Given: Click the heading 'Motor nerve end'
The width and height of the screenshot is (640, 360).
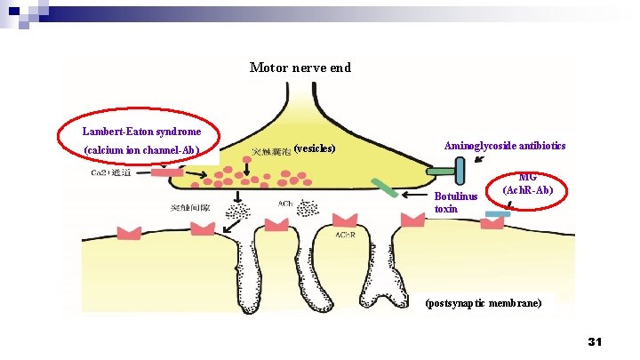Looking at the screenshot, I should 300,68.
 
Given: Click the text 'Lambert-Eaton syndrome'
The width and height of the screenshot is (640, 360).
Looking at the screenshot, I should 135,131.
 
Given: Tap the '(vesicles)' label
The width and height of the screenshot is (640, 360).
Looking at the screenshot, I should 314,148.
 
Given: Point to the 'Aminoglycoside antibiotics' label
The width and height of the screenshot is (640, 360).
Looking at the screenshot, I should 505,145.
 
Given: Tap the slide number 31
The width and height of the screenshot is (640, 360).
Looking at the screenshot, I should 596,342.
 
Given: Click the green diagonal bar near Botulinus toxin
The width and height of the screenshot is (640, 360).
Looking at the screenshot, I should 384,188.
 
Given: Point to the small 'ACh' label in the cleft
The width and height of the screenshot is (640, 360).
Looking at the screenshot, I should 285,204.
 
